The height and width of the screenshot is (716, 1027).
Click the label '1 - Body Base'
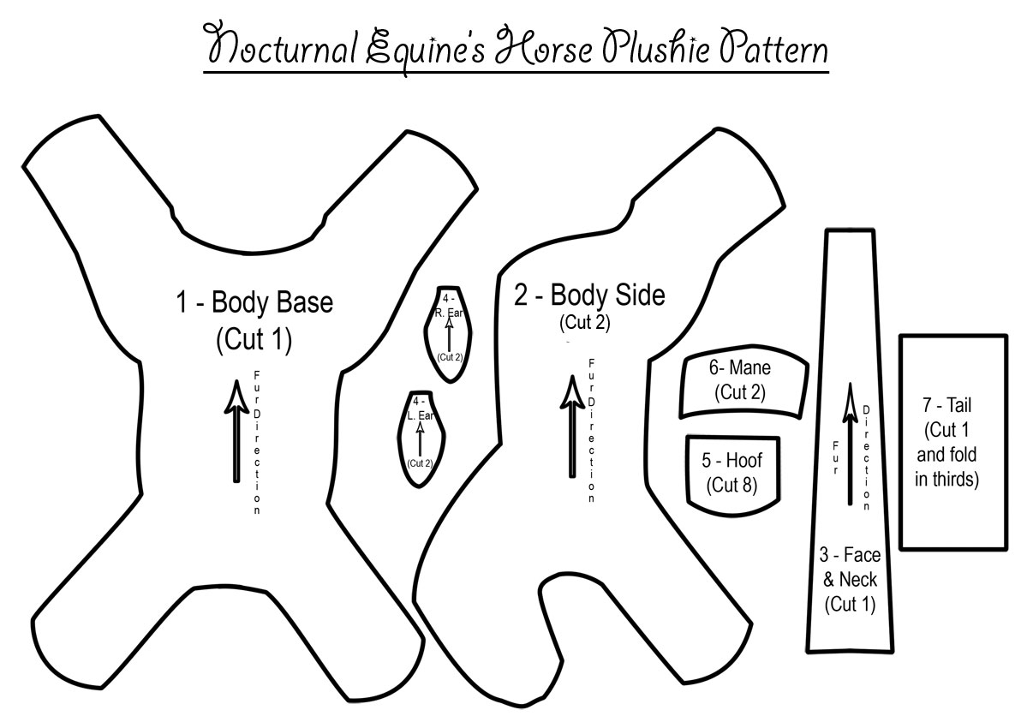pyautogui.click(x=254, y=303)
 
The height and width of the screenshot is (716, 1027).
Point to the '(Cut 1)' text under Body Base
pyautogui.click(x=254, y=339)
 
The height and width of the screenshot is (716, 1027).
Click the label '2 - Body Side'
pyautogui.click(x=589, y=296)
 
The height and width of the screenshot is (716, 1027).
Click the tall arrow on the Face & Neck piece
pyautogui.click(x=850, y=445)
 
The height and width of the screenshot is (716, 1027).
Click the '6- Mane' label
pyautogui.click(x=739, y=368)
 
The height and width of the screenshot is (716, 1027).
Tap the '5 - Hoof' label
pyautogui.click(x=731, y=460)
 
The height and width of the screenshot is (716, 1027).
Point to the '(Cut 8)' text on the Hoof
pyautogui.click(x=731, y=484)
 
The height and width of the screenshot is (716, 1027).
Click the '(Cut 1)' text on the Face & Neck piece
pyautogui.click(x=850, y=604)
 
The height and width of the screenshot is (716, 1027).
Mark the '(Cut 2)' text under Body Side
pyautogui.click(x=586, y=323)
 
